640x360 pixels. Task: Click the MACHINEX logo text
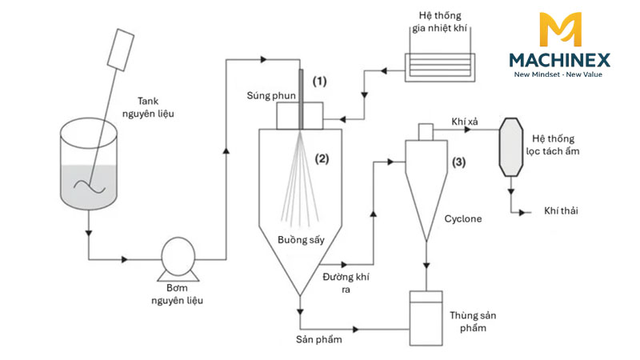point(559,61)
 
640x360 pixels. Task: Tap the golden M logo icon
point(560,29)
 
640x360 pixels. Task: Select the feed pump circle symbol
point(178,256)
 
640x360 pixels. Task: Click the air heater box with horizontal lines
point(439,67)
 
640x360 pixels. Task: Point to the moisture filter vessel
point(510,147)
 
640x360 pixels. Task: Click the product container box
point(426,318)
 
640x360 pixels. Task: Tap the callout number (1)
point(319,82)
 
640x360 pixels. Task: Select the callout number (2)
point(322,158)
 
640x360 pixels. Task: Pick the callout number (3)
point(458,162)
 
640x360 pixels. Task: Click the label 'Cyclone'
point(463,218)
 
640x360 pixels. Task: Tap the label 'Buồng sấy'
point(301,239)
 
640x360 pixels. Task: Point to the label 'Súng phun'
point(271,95)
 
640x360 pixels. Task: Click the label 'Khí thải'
point(561,210)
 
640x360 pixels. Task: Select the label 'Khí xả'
point(465,122)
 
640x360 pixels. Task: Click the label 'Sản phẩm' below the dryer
point(318,339)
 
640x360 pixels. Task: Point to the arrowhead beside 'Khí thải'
point(522,212)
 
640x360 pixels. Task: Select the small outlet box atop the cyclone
point(426,132)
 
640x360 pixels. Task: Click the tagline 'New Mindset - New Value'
point(558,74)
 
